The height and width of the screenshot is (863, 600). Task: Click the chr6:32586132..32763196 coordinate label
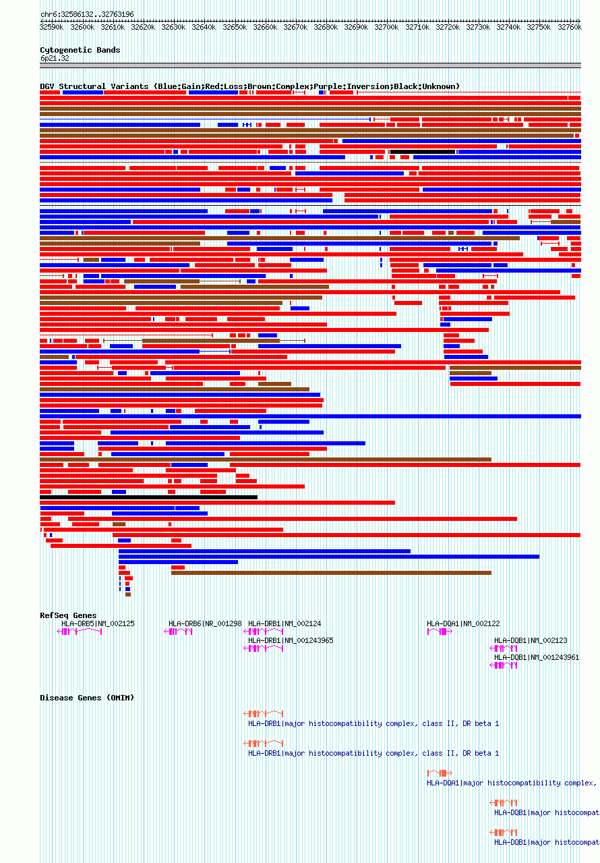(87, 14)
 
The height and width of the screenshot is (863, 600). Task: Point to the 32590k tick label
(52, 27)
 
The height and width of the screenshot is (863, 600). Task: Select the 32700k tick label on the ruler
(386, 27)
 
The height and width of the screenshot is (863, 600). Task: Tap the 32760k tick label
(569, 27)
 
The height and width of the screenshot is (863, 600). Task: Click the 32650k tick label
(235, 27)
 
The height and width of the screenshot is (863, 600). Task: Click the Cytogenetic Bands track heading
(80, 50)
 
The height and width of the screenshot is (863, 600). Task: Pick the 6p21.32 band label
(54, 58)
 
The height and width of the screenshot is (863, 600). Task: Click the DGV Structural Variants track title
(249, 86)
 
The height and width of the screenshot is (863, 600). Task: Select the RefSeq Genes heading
(68, 615)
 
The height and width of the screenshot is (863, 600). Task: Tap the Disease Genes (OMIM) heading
(87, 698)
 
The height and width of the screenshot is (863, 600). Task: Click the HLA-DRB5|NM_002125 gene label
(98, 623)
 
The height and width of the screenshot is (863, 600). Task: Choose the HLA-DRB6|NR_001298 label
(205, 623)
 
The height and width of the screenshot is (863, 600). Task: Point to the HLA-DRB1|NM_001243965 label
(291, 640)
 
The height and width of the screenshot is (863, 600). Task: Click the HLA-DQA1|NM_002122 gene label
(463, 623)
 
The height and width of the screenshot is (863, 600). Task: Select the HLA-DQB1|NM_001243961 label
(537, 657)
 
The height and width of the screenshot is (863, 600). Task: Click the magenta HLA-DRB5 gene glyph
(80, 632)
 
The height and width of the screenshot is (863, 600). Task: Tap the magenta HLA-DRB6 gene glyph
(179, 632)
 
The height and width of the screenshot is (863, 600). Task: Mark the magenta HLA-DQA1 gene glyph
(438, 632)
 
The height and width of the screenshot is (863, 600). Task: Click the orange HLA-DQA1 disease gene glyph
(438, 773)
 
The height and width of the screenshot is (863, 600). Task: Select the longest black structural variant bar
(148, 497)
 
